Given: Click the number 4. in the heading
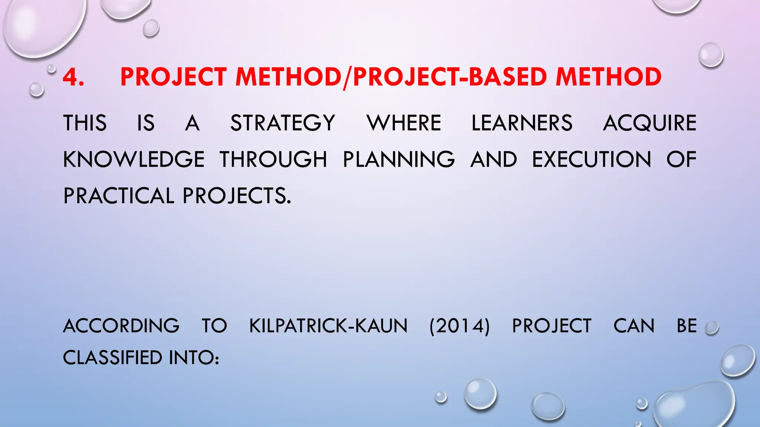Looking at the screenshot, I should click(x=73, y=77).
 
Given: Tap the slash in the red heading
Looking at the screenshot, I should click(x=347, y=78).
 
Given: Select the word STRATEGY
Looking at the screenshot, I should click(x=283, y=123).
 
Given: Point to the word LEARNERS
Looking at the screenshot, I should click(x=522, y=123).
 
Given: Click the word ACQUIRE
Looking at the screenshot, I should click(x=649, y=123).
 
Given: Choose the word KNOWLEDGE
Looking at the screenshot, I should click(x=134, y=159).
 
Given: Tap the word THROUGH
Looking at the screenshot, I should click(x=273, y=159).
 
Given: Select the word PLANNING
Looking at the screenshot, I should click(x=399, y=159).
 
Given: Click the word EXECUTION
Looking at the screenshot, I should click(x=592, y=159).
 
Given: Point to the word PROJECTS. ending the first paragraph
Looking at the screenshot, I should click(x=237, y=196).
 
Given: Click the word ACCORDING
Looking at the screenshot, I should click(x=121, y=326).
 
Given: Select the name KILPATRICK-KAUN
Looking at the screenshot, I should click(x=328, y=326).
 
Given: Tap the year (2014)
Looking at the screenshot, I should click(x=459, y=326).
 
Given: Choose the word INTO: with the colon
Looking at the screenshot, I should click(x=194, y=358).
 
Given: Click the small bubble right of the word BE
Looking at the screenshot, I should click(x=711, y=328).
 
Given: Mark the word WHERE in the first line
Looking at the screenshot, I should click(x=404, y=123).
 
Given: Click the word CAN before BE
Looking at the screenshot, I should click(x=634, y=326).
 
